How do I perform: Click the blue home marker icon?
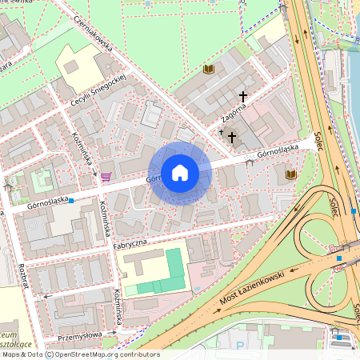click(179, 171)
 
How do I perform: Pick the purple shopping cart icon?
click(106, 176)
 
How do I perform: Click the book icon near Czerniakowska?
click(209, 70)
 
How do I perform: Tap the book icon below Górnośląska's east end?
click(290, 174)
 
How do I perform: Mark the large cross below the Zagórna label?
click(232, 137)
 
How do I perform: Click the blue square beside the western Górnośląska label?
click(72, 200)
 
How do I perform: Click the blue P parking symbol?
click(240, 346)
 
